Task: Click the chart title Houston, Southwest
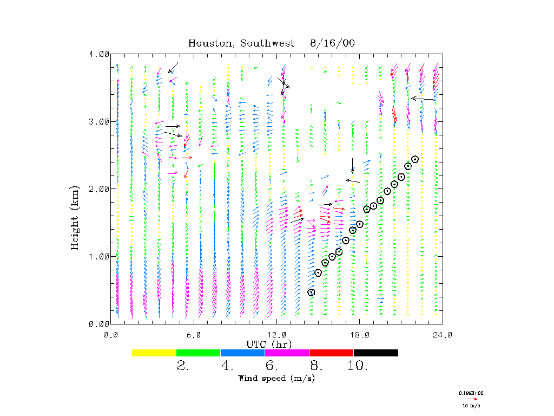point(241,43)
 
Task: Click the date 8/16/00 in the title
point(333,43)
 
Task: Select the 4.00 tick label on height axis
point(99,54)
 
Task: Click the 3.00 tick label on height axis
point(99,121)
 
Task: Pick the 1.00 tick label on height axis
point(99,256)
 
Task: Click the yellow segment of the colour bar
point(154,353)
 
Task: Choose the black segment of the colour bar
point(375,353)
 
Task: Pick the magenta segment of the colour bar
point(287,353)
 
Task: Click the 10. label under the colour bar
point(357,366)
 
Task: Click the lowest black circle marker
point(311,292)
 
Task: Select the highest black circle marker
point(415,159)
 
